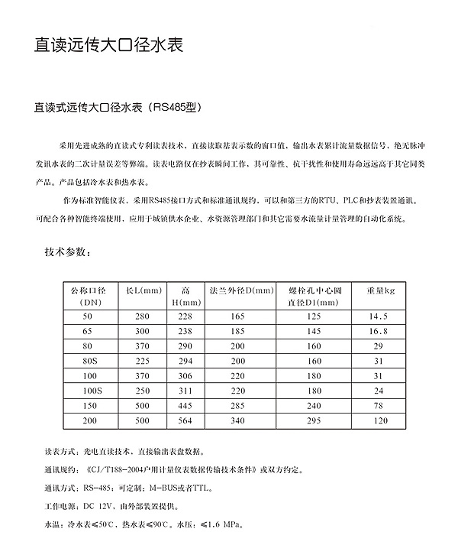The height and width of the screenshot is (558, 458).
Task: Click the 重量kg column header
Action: pyautogui.click(x=379, y=290)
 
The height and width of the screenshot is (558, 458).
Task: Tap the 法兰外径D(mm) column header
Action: pyautogui.click(x=241, y=290)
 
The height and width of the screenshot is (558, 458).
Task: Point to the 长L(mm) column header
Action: pyautogui.click(x=143, y=290)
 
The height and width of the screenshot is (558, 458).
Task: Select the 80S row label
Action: pyautogui.click(x=91, y=360)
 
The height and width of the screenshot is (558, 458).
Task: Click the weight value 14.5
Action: pyautogui.click(x=379, y=316)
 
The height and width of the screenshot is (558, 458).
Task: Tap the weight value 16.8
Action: pyautogui.click(x=379, y=331)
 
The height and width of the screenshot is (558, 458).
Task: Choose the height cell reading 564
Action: pyautogui.click(x=185, y=420)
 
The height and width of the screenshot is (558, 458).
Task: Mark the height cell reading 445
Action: pyautogui.click(x=185, y=404)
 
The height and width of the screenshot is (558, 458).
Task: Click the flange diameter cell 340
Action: pyautogui.click(x=237, y=420)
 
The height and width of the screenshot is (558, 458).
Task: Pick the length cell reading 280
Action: pyautogui.click(x=143, y=316)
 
